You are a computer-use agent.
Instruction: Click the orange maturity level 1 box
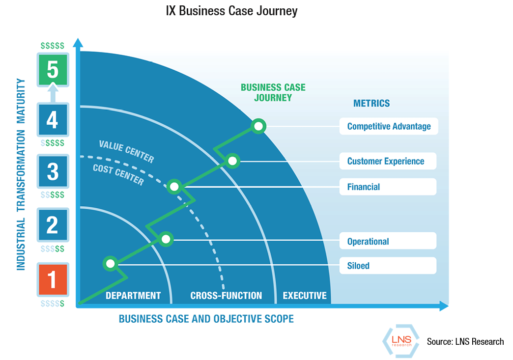(x=53, y=279)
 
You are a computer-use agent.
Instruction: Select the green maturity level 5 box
(x=53, y=70)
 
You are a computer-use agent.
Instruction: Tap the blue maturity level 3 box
(x=53, y=171)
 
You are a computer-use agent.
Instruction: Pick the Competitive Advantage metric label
(x=388, y=126)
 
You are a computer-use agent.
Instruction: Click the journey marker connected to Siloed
(x=111, y=264)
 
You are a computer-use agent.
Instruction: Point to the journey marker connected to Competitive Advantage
(x=258, y=126)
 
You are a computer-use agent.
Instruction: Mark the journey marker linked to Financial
(x=174, y=187)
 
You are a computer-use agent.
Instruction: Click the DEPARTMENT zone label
(x=133, y=296)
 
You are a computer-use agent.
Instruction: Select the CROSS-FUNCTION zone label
(x=226, y=296)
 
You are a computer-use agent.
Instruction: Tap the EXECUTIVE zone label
(x=305, y=296)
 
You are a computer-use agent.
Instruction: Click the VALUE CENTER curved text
(x=126, y=151)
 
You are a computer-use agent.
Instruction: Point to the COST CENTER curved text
(x=118, y=175)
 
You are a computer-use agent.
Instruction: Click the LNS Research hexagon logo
(x=401, y=340)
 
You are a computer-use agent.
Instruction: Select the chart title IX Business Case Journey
(x=232, y=11)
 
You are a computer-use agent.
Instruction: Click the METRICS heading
(x=371, y=103)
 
